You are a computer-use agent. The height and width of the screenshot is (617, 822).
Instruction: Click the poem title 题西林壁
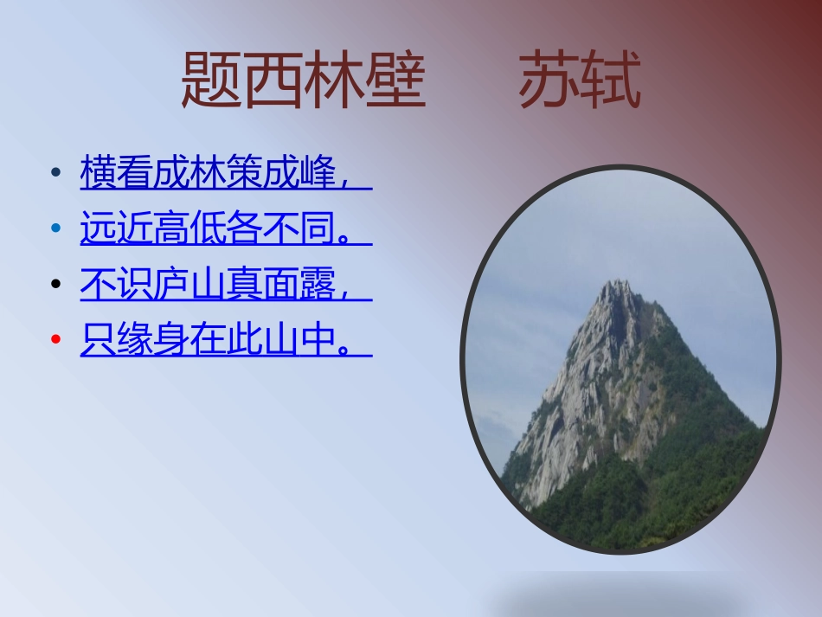(x=303, y=80)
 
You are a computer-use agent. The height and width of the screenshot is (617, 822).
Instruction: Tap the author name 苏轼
(x=580, y=80)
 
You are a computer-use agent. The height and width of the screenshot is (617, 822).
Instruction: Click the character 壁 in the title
(x=395, y=80)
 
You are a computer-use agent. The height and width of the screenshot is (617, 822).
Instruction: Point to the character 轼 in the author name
(x=611, y=80)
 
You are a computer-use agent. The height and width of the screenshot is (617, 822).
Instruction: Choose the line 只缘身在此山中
(x=216, y=340)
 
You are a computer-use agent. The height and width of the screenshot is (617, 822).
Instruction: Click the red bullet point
(x=56, y=340)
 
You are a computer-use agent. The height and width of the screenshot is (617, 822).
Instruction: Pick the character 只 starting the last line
(x=99, y=340)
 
